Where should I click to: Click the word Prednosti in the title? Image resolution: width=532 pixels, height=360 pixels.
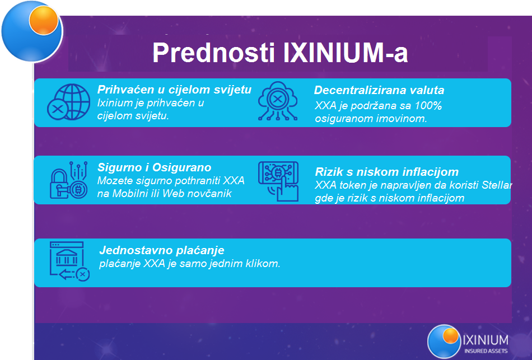click(213, 53)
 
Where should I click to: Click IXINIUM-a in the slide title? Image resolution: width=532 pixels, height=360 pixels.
click(346, 53)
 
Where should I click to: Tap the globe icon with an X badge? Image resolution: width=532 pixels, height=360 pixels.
click(68, 102)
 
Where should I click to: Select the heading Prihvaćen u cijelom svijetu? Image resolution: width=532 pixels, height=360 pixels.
click(174, 90)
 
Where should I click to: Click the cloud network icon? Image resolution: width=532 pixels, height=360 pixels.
click(278, 101)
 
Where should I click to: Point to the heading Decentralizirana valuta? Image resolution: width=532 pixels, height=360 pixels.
click(379, 90)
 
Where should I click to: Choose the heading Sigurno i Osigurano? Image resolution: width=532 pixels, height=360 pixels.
click(155, 167)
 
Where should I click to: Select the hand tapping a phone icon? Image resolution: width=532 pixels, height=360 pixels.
click(278, 181)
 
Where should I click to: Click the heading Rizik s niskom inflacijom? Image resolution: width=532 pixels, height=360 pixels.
click(387, 172)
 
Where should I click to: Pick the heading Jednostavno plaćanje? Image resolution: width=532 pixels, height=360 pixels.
click(162, 250)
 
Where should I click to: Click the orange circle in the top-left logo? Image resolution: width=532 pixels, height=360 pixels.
click(44, 20)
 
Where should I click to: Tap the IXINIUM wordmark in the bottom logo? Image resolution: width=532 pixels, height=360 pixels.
click(486, 340)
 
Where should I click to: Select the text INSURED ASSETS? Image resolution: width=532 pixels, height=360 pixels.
click(486, 351)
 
